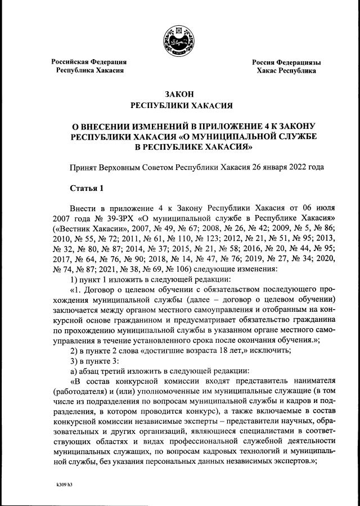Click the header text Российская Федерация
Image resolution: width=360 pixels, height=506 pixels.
[x=89, y=61]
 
